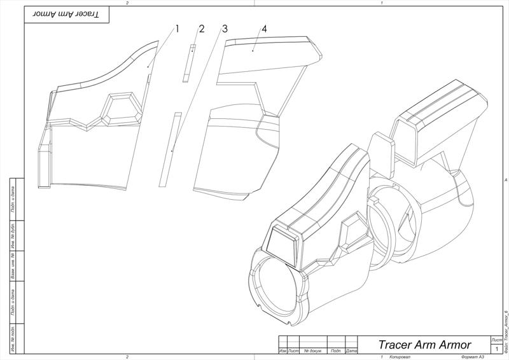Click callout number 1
tap(178, 29)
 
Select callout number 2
tap(201, 29)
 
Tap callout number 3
tap(225, 29)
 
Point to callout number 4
tap(263, 29)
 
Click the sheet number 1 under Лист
tap(496, 349)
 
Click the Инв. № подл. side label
tap(13, 338)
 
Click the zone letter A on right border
tap(505, 180)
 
